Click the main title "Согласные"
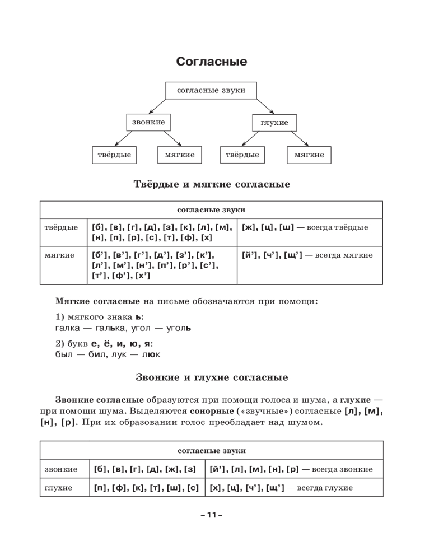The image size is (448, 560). [211, 62]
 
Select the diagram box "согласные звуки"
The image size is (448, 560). [211, 90]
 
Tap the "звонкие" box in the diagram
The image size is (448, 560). [148, 122]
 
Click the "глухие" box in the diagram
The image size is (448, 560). [274, 122]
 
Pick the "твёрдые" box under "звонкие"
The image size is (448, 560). [114, 155]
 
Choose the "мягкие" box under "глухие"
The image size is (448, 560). [309, 155]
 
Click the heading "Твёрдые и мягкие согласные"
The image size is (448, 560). [212, 184]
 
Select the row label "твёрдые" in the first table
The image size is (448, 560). [61, 227]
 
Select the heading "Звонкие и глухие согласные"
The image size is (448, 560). [212, 377]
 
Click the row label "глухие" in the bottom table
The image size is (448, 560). [59, 488]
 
